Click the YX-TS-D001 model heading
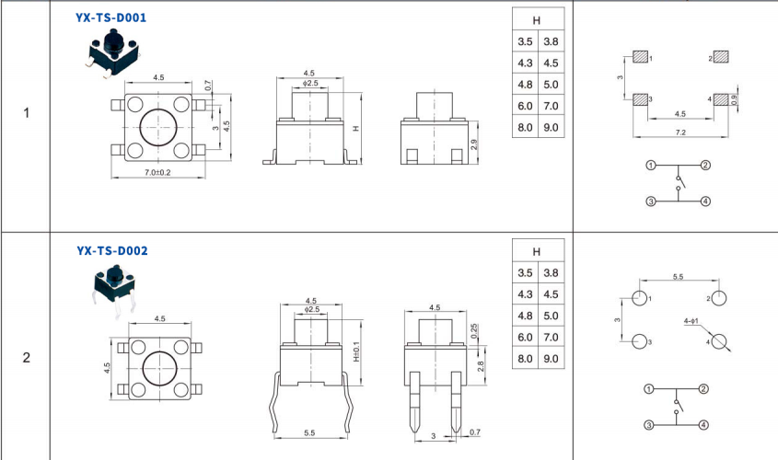[110, 17]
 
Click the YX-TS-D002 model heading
[112, 251]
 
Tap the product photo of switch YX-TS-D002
[114, 291]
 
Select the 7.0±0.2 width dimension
[157, 173]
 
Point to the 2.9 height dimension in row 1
[474, 144]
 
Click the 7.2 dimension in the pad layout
[680, 132]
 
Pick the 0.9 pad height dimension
[735, 99]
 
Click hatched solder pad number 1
[641, 56]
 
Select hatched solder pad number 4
[721, 99]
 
